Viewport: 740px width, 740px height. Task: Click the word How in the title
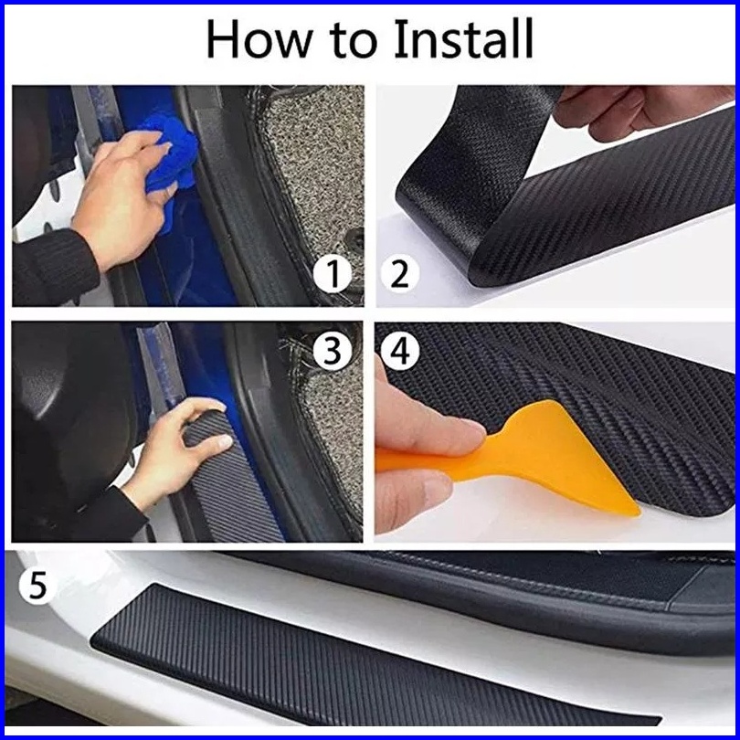259,39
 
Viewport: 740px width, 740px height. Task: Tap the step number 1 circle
333,273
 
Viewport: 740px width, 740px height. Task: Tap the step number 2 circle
399,274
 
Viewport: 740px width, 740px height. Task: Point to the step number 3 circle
333,351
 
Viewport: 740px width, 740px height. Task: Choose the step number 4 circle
400,351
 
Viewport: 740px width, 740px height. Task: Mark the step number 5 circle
37,586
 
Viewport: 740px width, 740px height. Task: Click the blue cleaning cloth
170,155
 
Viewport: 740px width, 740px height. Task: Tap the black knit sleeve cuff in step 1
52,269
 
